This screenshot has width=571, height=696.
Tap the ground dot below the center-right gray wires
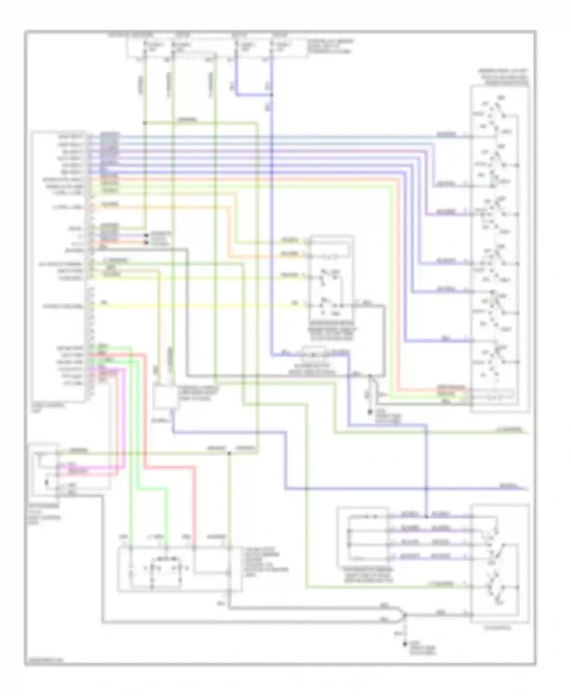click(369, 412)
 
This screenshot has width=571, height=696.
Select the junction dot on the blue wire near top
click(271, 95)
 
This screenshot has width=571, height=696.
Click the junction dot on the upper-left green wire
click(145, 123)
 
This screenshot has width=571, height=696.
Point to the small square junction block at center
click(165, 397)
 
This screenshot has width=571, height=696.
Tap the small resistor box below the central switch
click(314, 354)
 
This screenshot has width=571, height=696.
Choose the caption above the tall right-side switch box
click(504, 77)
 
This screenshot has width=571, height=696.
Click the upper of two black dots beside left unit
click(146, 235)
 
